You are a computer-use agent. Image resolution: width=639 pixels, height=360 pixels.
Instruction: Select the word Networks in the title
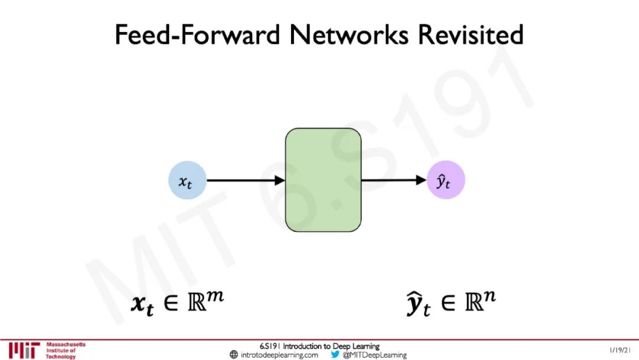click(350, 35)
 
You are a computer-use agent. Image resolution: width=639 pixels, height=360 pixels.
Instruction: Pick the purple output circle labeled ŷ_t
click(446, 180)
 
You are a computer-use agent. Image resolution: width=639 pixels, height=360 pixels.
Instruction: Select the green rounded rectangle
click(323, 180)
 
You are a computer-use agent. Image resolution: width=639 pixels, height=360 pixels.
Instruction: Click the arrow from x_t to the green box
click(246, 180)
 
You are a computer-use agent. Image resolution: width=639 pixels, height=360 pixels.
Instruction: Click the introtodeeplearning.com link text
click(279, 355)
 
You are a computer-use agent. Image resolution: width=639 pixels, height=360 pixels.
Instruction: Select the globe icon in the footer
click(234, 355)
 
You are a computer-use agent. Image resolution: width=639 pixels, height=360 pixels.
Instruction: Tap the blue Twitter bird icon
click(335, 355)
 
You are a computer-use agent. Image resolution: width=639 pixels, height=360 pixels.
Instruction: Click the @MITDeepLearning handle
click(375, 355)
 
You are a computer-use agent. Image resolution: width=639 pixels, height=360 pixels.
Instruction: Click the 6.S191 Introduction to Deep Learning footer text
click(319, 346)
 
